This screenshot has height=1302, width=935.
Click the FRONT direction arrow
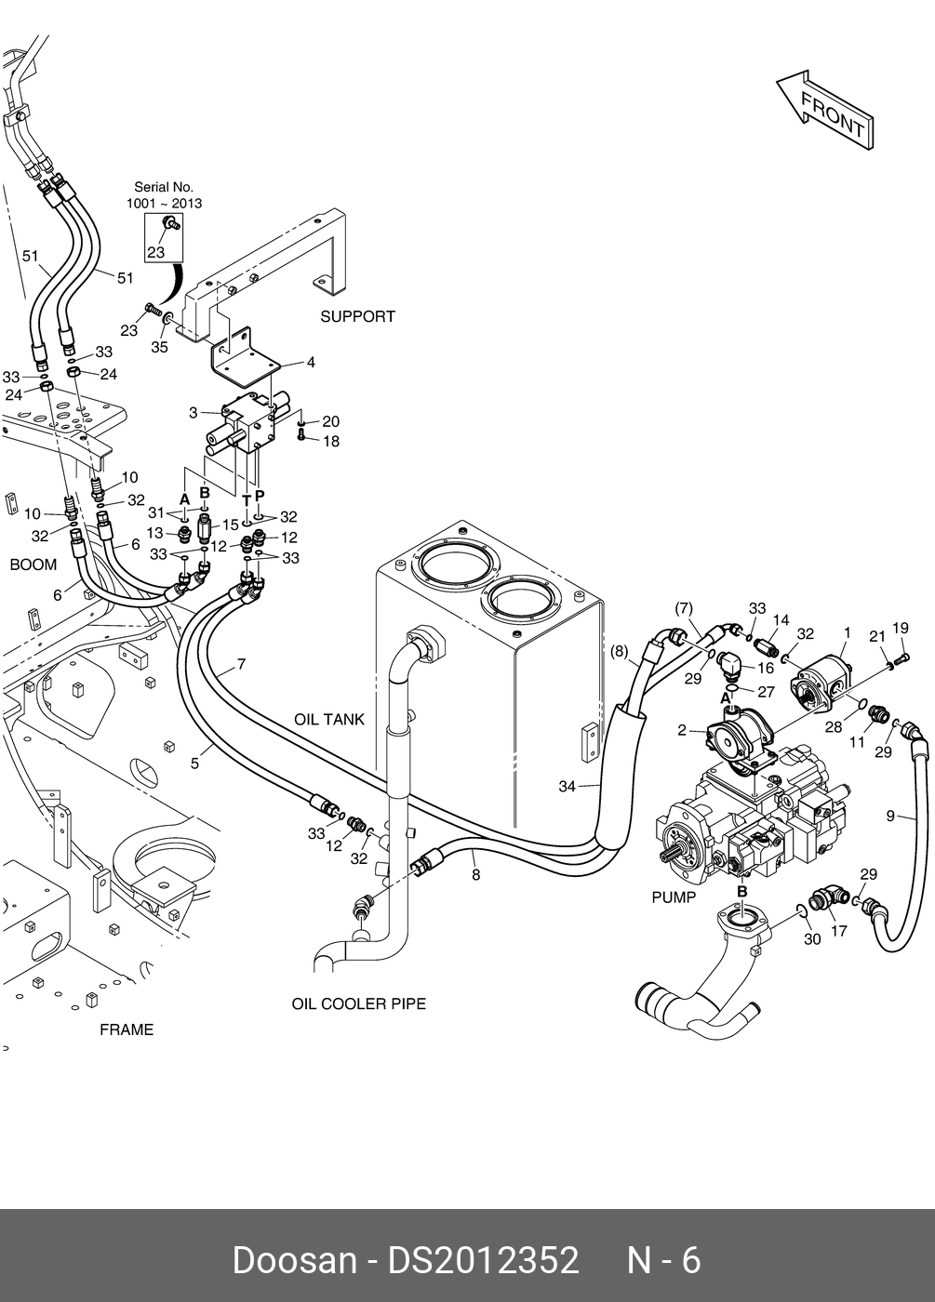826,110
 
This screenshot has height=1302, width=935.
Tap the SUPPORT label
357,317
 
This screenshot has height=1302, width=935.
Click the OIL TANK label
329,720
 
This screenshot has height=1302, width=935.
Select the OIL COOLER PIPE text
358,1004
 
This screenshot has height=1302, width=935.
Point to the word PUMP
674,897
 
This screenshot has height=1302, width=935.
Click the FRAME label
127,1030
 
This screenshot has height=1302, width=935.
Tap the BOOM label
33,565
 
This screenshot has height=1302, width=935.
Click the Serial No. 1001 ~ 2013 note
164,195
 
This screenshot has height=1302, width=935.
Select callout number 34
568,787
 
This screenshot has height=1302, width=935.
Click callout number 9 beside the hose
890,817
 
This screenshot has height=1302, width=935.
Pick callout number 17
839,930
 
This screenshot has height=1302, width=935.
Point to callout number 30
812,939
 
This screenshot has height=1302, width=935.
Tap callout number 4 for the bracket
311,363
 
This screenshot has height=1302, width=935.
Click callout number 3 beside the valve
193,413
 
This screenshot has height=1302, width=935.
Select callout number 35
160,348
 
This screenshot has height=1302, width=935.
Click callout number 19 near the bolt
900,629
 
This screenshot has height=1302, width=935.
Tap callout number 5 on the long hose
195,764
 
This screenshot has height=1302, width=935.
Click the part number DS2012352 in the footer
483,1260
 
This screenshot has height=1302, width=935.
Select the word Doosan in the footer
294,1260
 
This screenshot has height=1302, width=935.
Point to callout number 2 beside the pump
682,731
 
